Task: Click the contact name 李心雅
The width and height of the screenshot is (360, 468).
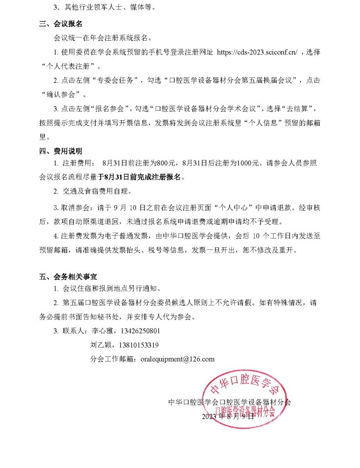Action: (102, 330)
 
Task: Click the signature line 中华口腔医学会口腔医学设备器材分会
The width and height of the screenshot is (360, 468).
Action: (230, 403)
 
